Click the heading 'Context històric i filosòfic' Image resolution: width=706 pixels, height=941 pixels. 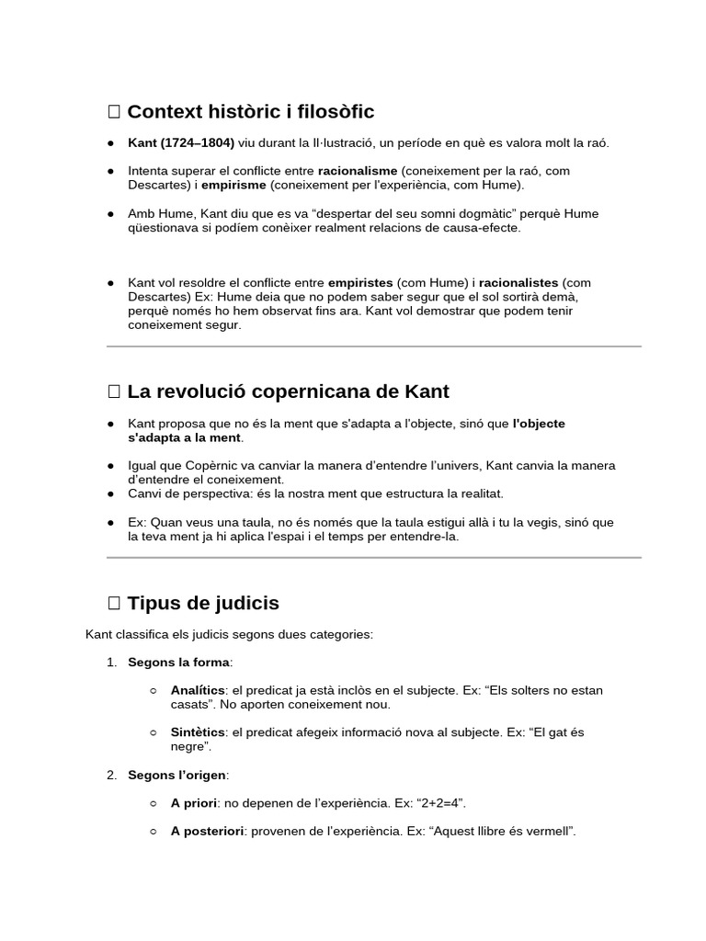[x=250, y=112]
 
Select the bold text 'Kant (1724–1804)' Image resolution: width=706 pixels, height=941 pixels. [x=181, y=142]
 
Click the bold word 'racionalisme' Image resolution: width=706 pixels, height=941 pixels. [x=358, y=171]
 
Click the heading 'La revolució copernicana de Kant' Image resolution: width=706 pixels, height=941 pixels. [x=288, y=391]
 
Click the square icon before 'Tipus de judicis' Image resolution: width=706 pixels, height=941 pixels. [x=114, y=604]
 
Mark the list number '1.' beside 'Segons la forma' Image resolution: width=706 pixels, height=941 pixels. [x=111, y=662]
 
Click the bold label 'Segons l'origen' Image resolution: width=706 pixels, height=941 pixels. [x=177, y=776]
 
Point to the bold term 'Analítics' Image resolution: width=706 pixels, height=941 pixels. [x=198, y=690]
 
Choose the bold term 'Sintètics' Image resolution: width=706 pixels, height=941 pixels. [x=198, y=732]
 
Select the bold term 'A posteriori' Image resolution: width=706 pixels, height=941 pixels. [x=207, y=831]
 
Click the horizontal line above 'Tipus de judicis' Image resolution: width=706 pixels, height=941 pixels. [x=374, y=557]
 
